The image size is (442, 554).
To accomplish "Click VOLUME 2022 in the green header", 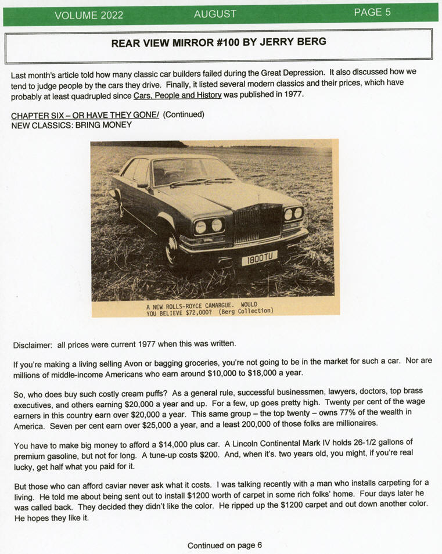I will [89, 15].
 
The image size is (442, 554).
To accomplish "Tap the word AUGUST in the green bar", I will [215, 14].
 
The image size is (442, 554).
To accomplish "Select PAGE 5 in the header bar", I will [372, 12].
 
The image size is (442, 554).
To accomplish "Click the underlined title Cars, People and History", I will [177, 95].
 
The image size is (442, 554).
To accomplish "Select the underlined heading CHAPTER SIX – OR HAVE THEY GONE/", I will [85, 114].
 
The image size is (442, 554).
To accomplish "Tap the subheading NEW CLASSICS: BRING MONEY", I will [71, 124].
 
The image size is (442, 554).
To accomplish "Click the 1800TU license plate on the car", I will [259, 258].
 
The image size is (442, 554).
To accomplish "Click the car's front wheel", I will [172, 248].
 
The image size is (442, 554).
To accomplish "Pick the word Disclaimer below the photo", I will [33, 345].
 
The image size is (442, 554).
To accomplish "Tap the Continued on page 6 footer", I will [225, 545].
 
